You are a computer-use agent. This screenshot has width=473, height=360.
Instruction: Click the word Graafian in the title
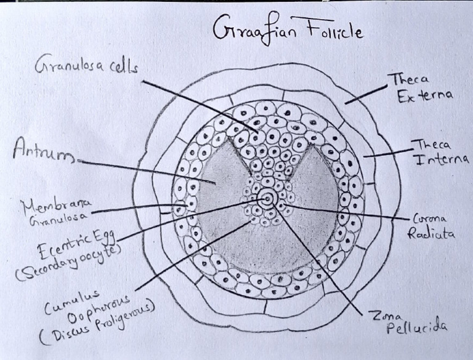click(x=254, y=30)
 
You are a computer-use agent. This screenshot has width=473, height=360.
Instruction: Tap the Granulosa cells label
click(x=87, y=65)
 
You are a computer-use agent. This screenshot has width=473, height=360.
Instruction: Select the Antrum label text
click(x=44, y=151)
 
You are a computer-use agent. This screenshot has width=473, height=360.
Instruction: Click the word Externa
click(x=425, y=96)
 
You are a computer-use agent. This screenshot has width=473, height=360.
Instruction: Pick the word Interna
click(x=442, y=160)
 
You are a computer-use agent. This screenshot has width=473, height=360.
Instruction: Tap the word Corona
click(x=429, y=218)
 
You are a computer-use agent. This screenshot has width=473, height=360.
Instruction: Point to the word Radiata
click(x=431, y=233)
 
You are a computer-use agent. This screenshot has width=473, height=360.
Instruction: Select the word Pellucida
click(x=416, y=328)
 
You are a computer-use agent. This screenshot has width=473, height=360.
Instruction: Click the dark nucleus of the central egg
click(x=267, y=199)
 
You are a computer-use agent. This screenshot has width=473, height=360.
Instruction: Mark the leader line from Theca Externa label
click(x=366, y=95)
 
